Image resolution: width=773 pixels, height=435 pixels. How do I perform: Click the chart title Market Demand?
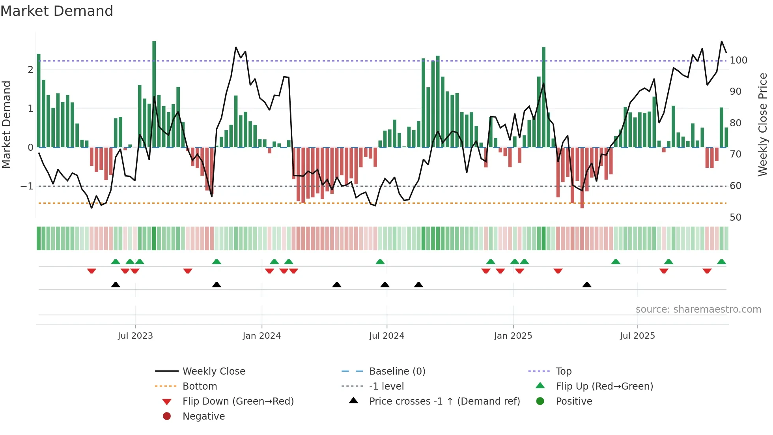pos(57,11)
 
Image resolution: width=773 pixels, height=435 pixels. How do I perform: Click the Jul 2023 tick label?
pos(135,336)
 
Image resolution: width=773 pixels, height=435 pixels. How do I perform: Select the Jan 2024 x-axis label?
pos(261,336)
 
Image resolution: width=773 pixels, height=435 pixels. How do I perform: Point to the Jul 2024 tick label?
pos(386,336)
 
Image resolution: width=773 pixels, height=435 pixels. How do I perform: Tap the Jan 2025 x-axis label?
pos(513,336)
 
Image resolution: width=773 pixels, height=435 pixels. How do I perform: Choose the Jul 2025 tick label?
pos(637,336)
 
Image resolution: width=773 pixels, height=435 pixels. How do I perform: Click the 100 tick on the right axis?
pos(738,60)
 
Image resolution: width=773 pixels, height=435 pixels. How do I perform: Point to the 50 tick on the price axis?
pos(736,217)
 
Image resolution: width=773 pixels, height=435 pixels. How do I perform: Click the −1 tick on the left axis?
pos(27,186)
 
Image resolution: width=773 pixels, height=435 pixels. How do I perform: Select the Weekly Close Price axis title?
pos(763,124)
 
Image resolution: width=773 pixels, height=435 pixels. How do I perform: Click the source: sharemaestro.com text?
pos(698,309)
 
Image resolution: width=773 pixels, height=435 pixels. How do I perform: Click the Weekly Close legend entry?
pos(213,371)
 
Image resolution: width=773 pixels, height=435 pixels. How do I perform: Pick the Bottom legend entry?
pos(200,386)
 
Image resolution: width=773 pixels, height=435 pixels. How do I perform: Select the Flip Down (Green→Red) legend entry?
pos(238,401)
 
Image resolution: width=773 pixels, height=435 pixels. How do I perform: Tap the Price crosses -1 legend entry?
pos(444,401)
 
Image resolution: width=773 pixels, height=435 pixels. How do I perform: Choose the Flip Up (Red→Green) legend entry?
pos(604,386)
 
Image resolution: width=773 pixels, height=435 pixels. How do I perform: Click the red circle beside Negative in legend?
pos(167,416)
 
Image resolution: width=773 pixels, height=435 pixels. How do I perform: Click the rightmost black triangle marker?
pos(587,285)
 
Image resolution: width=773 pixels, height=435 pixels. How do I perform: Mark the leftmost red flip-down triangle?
pos(91,271)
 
